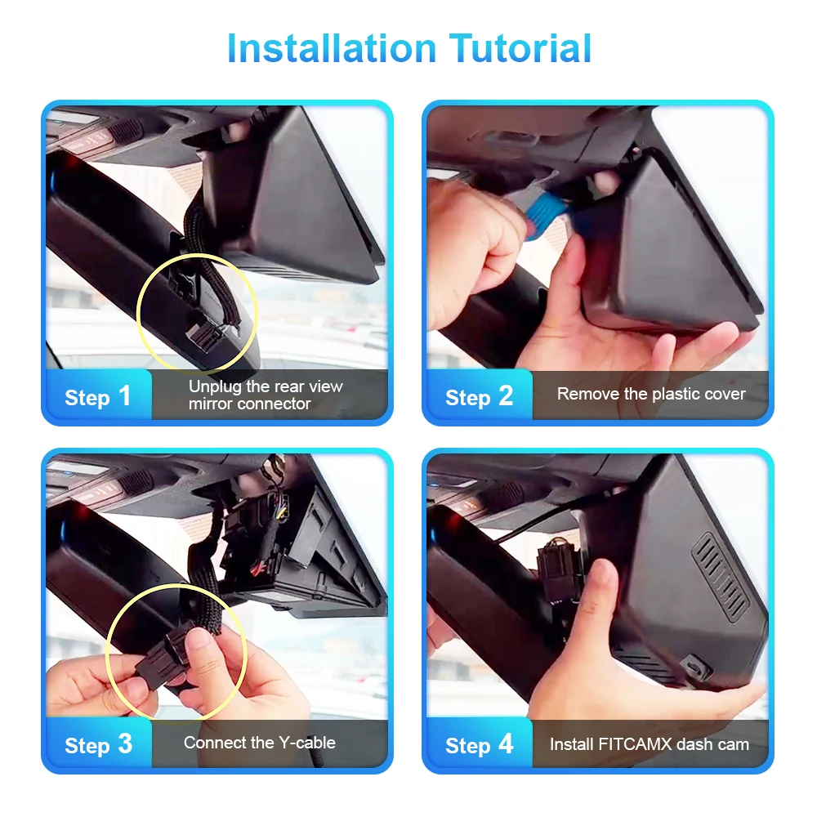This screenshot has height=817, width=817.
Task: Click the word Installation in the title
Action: pos(332,48)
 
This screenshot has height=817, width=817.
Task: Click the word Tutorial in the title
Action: pos(520,48)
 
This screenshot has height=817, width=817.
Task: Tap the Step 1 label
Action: pos(97,397)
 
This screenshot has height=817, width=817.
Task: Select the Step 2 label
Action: pos(479,397)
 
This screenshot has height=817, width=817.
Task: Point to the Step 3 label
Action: pos(98,745)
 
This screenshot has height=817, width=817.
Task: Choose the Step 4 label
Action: pos(480,745)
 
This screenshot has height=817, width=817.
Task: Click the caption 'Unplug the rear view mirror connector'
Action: pos(266,395)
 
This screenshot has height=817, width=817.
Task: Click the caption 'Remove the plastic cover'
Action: pos(651,394)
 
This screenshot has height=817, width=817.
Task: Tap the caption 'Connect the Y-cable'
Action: pos(260,743)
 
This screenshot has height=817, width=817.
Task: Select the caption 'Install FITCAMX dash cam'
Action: pos(650,744)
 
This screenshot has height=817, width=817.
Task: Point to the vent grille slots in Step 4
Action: pos(721,577)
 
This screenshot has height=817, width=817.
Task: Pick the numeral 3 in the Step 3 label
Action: pos(125,744)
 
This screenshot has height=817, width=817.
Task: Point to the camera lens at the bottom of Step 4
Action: pos(695,667)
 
